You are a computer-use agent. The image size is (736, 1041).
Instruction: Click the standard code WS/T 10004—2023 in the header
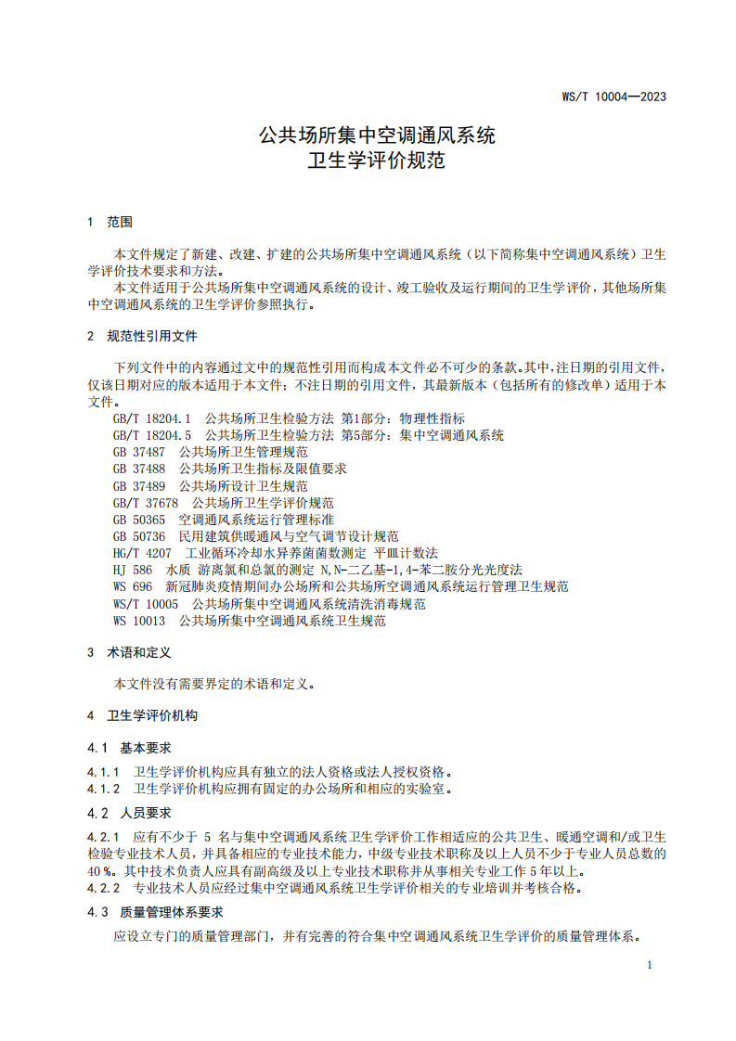[614, 96]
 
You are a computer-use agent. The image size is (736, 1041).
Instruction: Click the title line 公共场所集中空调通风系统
[376, 136]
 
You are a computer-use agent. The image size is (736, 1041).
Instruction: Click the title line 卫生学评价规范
[376, 161]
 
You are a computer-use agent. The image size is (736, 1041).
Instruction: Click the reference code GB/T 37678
[146, 503]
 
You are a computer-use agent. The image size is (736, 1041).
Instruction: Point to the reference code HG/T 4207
[142, 553]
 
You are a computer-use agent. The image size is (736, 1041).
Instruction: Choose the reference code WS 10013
[139, 621]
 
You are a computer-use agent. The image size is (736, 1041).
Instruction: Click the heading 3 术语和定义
[129, 653]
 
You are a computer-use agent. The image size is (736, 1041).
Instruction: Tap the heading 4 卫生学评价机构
[141, 716]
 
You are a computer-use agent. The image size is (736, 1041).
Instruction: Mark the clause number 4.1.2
[104, 789]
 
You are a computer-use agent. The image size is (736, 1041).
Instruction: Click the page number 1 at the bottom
[650, 965]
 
